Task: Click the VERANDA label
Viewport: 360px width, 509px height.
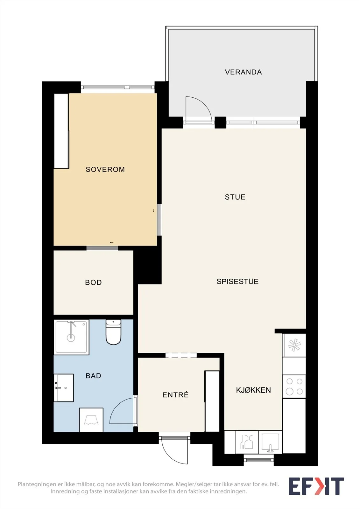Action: [x=243, y=72]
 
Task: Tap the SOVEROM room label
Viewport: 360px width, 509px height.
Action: [x=105, y=169]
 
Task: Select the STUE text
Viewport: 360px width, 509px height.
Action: [x=235, y=197]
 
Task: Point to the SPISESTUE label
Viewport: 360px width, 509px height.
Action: [x=237, y=282]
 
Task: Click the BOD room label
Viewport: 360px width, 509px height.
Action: [x=93, y=282]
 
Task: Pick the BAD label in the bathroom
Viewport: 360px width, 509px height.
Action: [x=93, y=376]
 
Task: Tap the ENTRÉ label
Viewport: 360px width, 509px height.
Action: [x=176, y=395]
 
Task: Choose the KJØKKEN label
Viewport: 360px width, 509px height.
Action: [x=253, y=390]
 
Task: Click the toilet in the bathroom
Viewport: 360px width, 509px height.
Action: [x=113, y=332]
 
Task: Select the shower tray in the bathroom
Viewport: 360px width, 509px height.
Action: [x=71, y=337]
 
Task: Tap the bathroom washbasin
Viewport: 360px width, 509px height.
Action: [x=64, y=388]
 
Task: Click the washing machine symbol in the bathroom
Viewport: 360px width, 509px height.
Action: [x=91, y=420]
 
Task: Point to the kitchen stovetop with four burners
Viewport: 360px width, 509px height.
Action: [x=294, y=386]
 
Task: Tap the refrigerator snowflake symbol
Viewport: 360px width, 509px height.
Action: [x=294, y=345]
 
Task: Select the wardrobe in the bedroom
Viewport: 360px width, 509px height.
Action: [x=61, y=131]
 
